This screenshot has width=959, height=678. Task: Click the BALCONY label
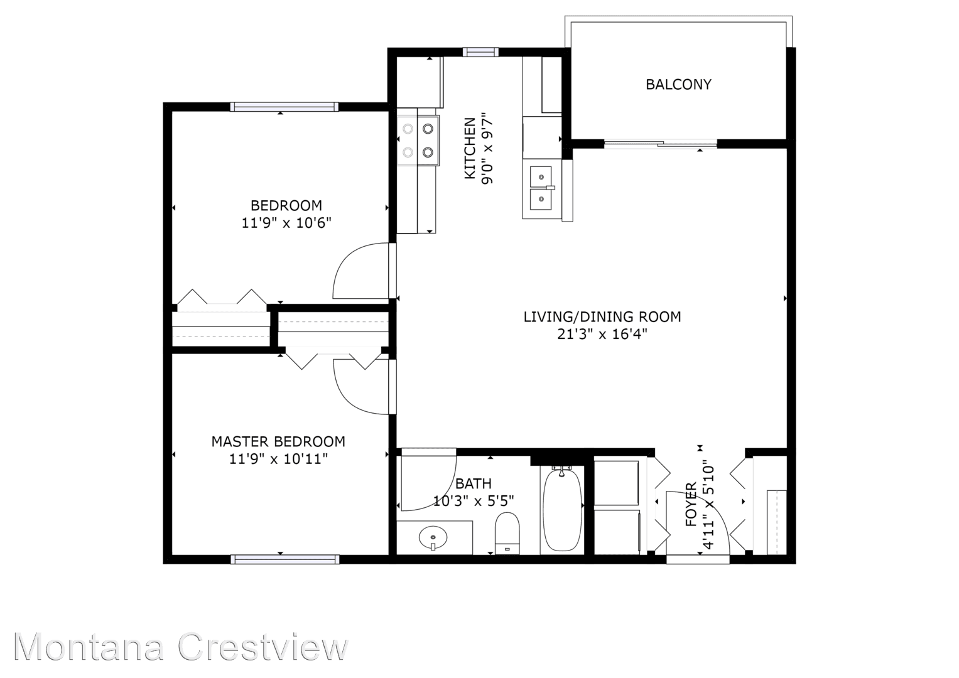click(678, 84)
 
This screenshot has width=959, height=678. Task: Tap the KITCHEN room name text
click(470, 149)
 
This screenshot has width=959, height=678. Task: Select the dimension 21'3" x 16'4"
click(602, 334)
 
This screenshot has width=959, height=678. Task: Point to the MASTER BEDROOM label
click(278, 441)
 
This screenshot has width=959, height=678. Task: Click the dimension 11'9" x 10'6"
click(286, 222)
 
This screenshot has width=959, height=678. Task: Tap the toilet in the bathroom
click(507, 532)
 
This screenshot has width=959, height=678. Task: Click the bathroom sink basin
click(433, 538)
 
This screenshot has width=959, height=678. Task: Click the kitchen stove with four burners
click(418, 140)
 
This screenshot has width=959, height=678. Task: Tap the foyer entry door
click(697, 524)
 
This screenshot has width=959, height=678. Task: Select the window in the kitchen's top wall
click(481, 52)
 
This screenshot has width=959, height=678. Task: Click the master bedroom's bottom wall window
click(284, 559)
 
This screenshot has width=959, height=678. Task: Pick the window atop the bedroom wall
click(284, 107)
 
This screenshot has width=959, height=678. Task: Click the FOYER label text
click(691, 504)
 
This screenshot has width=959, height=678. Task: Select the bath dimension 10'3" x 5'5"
click(474, 501)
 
